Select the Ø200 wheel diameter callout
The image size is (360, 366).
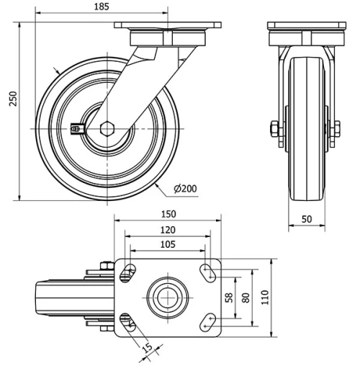click(x=185, y=189)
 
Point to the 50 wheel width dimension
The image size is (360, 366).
click(x=306, y=218)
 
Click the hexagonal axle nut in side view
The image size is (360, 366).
click(x=108, y=128)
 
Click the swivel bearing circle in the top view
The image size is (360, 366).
click(x=167, y=296)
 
